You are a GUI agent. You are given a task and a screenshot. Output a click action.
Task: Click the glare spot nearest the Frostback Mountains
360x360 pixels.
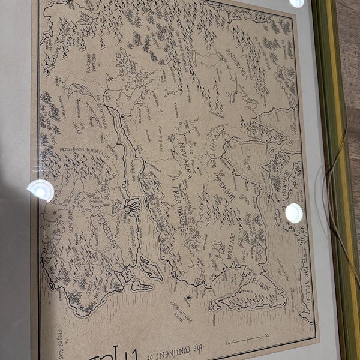point(41,190)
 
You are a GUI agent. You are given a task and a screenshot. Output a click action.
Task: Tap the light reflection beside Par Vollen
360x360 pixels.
point(293,212)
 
